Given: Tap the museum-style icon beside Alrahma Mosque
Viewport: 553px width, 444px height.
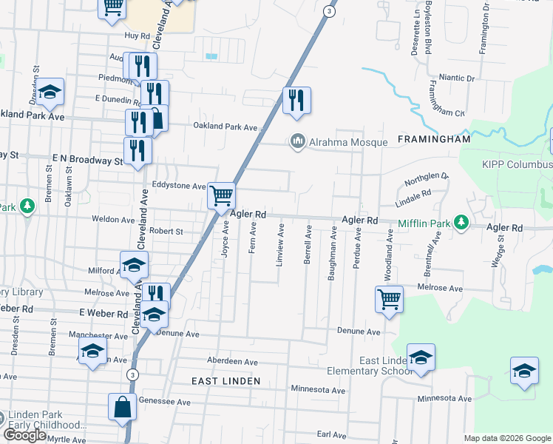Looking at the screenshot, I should [297, 141].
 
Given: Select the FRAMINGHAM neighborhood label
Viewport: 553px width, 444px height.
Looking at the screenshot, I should [433, 139].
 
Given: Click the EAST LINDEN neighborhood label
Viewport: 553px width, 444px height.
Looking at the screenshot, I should [225, 380].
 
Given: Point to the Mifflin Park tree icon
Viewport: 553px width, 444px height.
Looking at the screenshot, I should [461, 222].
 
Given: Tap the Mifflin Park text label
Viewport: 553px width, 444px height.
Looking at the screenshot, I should [424, 222].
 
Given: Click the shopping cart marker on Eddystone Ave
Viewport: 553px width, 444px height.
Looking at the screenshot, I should [222, 196].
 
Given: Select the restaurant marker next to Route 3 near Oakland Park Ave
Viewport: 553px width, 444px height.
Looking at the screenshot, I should [296, 101].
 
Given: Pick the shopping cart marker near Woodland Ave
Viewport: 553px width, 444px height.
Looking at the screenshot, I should [389, 300].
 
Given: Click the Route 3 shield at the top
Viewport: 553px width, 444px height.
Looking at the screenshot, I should [330, 12].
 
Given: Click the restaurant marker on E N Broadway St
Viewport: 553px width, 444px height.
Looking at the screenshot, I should [138, 151].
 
